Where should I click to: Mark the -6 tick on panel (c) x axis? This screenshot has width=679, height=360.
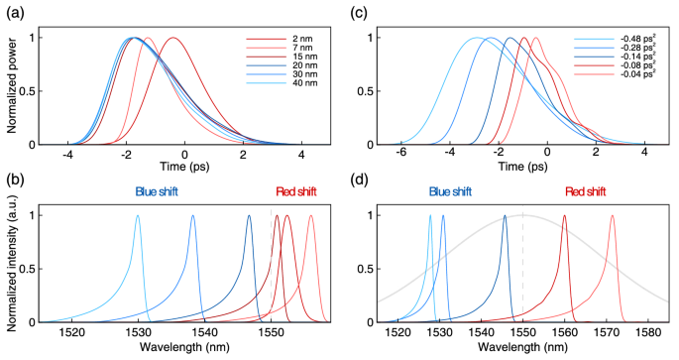click(402, 157)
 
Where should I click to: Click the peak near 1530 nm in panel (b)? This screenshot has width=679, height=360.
click(137, 216)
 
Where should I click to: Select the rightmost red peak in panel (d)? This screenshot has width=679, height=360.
click(612, 216)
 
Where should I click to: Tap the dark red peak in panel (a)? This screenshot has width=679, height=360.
click(173, 38)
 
